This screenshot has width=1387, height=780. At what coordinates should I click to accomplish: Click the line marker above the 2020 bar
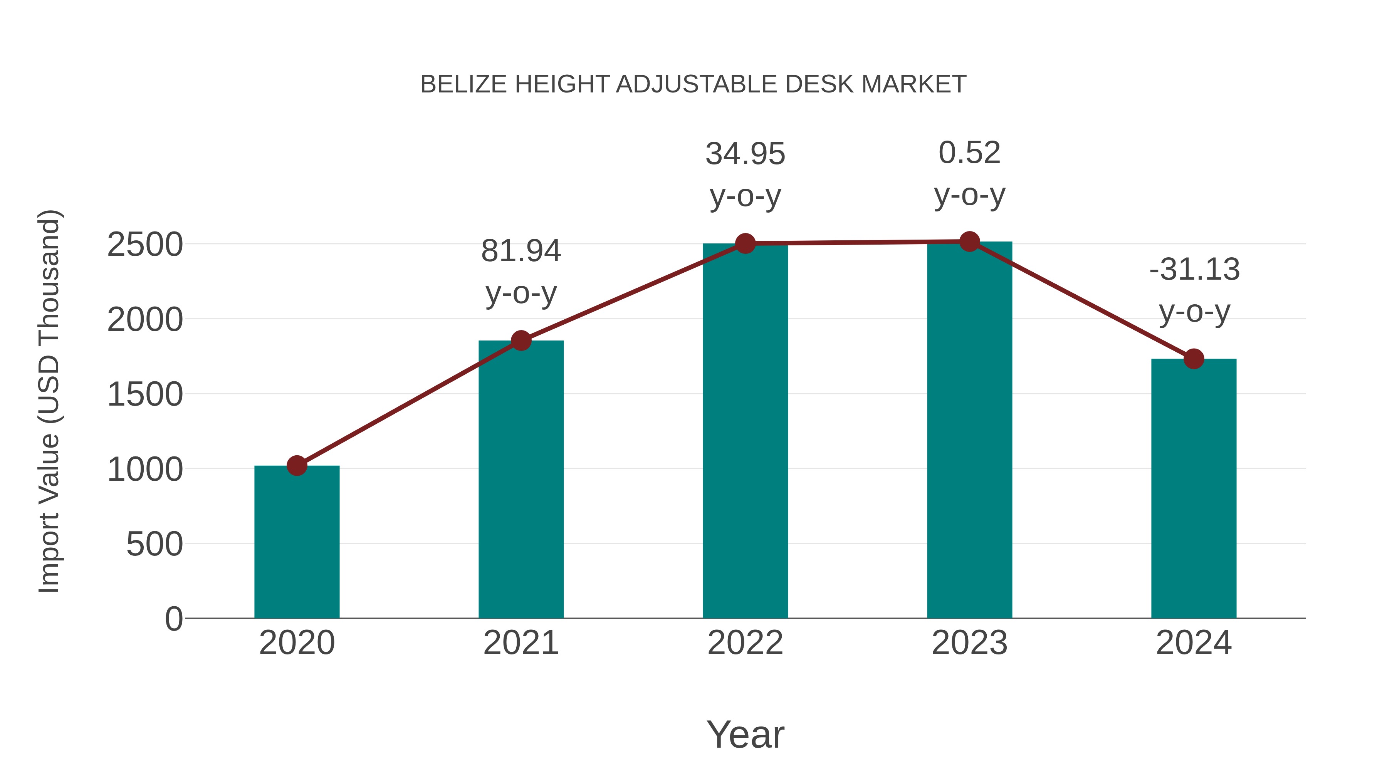(297, 466)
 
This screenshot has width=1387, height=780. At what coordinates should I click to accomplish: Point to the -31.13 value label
(1194, 269)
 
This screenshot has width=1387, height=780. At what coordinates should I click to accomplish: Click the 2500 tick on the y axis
(145, 245)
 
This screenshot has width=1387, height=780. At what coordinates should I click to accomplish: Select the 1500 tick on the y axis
(145, 394)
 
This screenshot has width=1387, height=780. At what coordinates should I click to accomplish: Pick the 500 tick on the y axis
(154, 544)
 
